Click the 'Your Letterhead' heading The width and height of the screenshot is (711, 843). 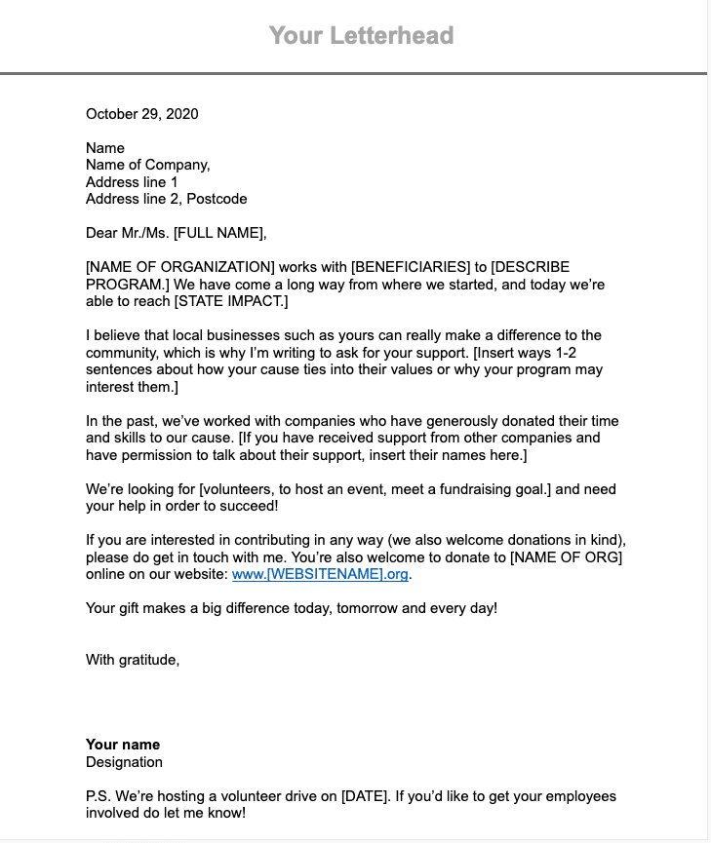(361, 36)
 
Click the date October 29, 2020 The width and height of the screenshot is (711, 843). (142, 114)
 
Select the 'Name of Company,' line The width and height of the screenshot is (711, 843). (148, 165)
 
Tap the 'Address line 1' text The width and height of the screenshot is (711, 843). (132, 182)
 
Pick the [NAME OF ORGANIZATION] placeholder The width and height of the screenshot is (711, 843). (180, 267)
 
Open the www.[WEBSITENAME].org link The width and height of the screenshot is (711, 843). (321, 574)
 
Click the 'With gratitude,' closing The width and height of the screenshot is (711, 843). (133, 660)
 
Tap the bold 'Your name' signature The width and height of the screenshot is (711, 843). (123, 745)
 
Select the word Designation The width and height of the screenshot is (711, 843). (124, 762)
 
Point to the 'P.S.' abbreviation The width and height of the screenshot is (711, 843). (99, 796)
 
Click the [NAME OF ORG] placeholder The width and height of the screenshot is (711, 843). (566, 557)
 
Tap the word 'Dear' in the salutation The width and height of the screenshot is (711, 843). (102, 233)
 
